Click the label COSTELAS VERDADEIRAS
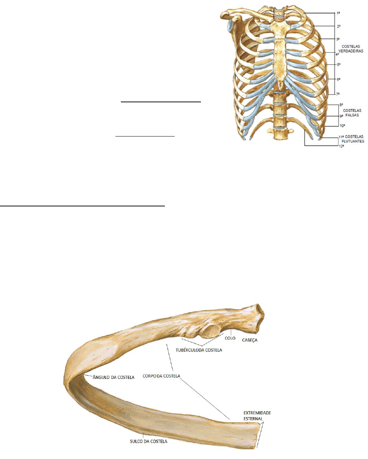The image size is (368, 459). (350, 49)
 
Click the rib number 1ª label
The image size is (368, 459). (338, 13)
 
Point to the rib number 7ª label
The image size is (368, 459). (338, 94)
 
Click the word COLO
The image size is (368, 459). (230, 338)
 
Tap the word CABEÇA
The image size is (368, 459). (250, 340)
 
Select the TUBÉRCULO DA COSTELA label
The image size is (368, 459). (199, 350)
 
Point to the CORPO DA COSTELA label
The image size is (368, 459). (161, 376)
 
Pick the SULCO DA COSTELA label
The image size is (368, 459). (149, 441)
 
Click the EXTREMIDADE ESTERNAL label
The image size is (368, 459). (257, 416)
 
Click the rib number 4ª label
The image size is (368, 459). (337, 54)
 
